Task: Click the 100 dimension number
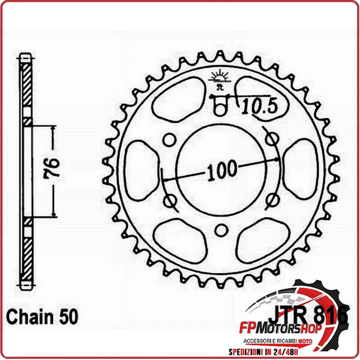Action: point(220,172)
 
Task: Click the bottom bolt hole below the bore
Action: point(221,229)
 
